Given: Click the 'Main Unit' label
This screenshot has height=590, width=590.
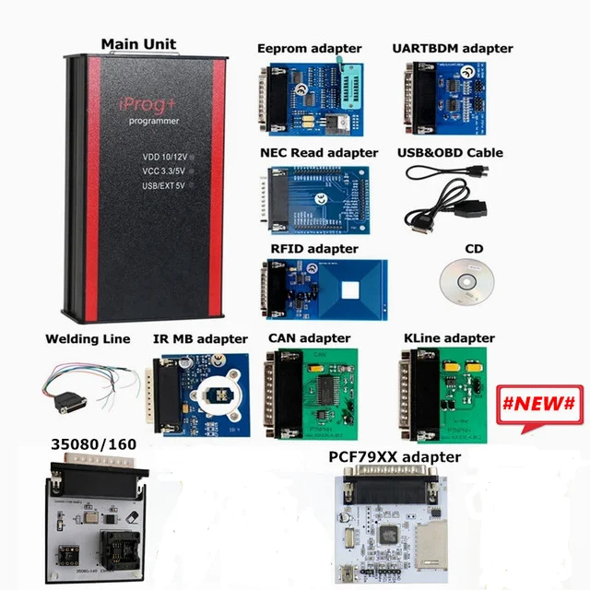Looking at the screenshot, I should [x=138, y=43].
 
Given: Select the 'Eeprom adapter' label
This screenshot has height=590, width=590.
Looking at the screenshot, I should [x=310, y=48].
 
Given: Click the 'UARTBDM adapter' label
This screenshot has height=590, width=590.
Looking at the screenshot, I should [x=453, y=48].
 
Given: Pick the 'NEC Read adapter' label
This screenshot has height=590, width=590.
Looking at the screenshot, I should [x=319, y=152].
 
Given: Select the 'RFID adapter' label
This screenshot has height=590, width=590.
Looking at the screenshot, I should [x=314, y=248].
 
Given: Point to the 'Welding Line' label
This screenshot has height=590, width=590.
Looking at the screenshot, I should [x=88, y=339].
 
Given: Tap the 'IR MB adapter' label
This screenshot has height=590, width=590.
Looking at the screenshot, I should [x=200, y=339].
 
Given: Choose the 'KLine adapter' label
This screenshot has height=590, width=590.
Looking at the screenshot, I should [x=450, y=338].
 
